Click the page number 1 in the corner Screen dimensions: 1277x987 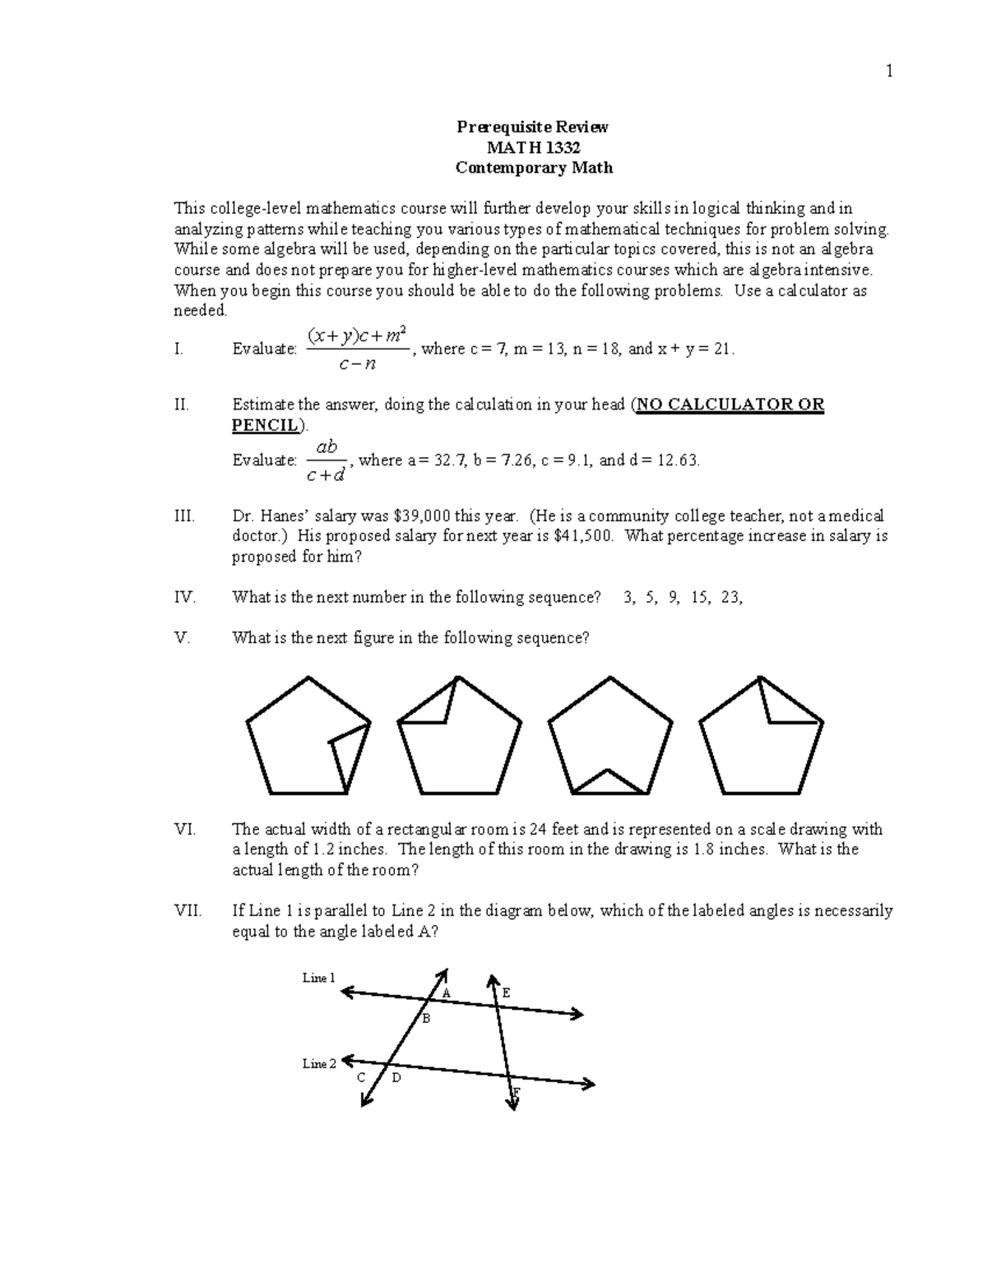pos(888,72)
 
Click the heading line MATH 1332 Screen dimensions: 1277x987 pos(534,147)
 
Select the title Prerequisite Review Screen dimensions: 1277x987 pos(534,127)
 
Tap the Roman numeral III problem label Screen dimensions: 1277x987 pos(184,516)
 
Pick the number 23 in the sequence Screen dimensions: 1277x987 pos(730,598)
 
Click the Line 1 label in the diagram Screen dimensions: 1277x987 pos(319,978)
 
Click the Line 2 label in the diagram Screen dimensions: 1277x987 pos(319,1063)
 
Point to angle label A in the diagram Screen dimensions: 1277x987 pos(447,992)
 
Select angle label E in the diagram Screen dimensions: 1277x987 pos(506,992)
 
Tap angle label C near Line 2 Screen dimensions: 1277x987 pos(361,1077)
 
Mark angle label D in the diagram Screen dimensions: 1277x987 pos(396,1077)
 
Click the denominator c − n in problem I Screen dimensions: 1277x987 pos(357,363)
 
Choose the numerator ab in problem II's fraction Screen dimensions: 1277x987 pos(327,446)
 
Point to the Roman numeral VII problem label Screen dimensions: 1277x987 pos(188,911)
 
